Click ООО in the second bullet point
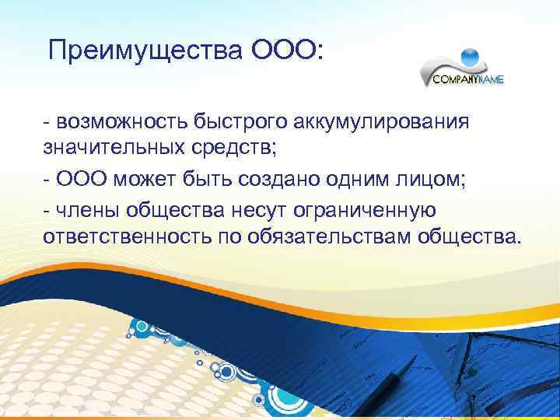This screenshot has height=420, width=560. click(82, 180)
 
